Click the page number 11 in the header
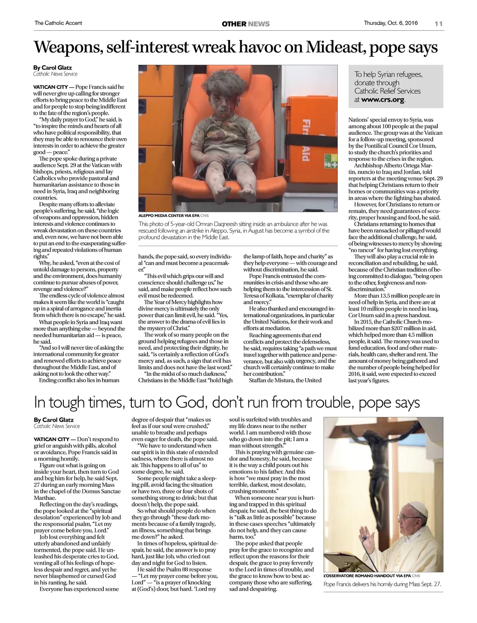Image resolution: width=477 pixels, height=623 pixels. (x=438, y=24)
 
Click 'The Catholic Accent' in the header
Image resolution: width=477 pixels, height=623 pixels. (x=58, y=23)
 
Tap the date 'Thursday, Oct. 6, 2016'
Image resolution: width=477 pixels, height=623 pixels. (x=390, y=23)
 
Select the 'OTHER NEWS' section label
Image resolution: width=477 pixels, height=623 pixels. (x=245, y=24)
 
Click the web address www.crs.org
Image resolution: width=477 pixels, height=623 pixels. (x=383, y=99)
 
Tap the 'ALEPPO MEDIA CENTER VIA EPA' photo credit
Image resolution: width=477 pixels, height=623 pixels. (x=169, y=216)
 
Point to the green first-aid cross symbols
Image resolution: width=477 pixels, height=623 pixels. (x=331, y=165)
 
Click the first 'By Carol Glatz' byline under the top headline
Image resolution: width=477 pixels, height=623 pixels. (x=53, y=68)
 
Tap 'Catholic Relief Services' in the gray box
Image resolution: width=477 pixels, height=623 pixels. (x=387, y=91)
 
